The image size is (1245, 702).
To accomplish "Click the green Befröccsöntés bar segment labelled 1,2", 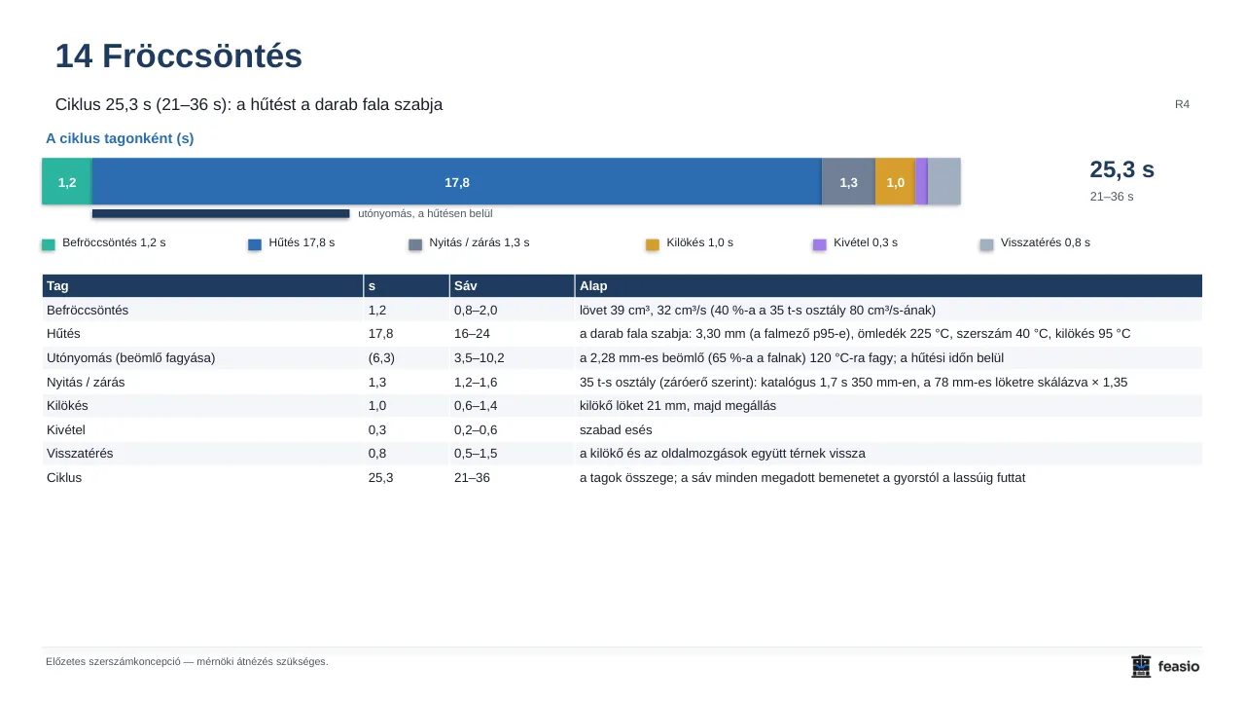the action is [x=67, y=181].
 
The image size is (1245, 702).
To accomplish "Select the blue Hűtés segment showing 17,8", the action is [x=457, y=181].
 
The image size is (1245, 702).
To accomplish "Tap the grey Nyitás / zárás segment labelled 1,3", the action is [x=849, y=181].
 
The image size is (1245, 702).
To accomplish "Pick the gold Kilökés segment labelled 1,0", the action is [x=896, y=181].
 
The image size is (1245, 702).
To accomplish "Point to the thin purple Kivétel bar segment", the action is [x=921, y=181].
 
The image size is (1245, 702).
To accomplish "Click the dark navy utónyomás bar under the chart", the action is [x=221, y=213].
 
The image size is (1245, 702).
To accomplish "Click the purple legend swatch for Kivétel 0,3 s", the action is [x=819, y=244].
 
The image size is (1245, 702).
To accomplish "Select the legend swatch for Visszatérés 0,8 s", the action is [x=986, y=244].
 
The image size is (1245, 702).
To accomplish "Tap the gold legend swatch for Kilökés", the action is [x=653, y=244].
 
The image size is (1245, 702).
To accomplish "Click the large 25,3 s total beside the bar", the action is [x=1121, y=169].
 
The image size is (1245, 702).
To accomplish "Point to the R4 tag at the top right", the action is [x=1182, y=104].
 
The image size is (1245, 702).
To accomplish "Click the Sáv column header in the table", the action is [x=466, y=286].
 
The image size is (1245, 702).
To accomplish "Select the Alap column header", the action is [x=593, y=286].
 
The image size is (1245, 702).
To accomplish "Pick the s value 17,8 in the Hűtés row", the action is [x=380, y=334].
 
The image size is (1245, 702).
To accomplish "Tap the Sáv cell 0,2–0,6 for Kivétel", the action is [x=476, y=430].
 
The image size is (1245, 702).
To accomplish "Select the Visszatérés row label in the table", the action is [x=80, y=454].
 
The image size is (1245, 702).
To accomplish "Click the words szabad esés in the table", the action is [x=616, y=430].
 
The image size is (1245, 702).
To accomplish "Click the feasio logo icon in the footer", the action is [x=1141, y=666].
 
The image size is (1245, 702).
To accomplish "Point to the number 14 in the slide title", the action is [x=74, y=56].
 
